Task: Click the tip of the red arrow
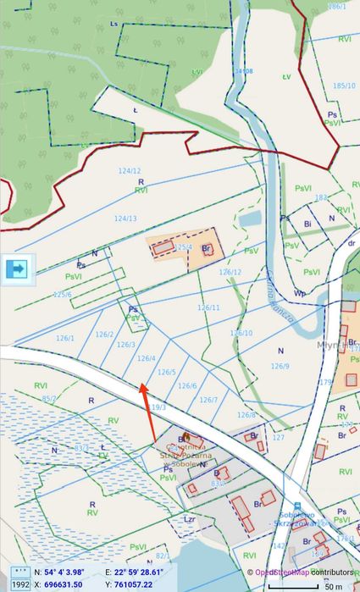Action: (x=141, y=385)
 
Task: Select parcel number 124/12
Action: (x=130, y=171)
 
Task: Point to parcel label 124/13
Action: (x=125, y=219)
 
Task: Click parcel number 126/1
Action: (x=66, y=338)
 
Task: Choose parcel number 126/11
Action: (x=208, y=307)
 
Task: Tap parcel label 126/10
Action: (x=241, y=333)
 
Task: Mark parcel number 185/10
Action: (x=344, y=86)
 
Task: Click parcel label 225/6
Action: (x=63, y=294)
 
